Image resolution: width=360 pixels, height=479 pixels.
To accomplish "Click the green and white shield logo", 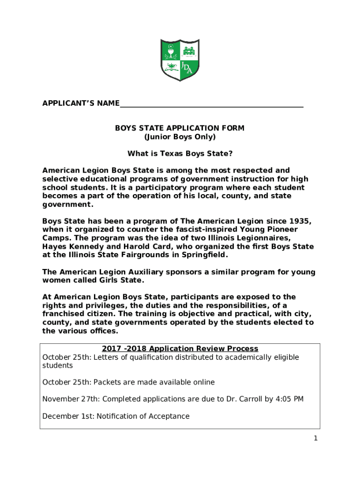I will (x=180, y=58).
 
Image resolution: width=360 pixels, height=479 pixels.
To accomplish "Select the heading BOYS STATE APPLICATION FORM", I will (x=180, y=128).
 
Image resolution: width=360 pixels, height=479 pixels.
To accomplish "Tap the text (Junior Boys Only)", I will (x=180, y=137).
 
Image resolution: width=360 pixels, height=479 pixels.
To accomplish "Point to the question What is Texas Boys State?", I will (x=180, y=153).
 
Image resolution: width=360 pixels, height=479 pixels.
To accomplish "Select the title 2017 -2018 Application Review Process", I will (x=180, y=348).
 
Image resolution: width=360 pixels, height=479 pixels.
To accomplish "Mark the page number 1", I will (x=316, y=438).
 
